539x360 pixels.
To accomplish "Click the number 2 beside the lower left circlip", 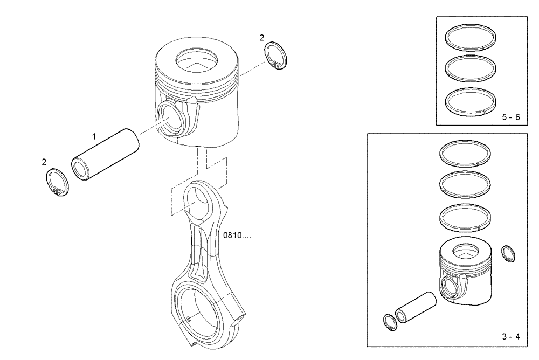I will point(44,162).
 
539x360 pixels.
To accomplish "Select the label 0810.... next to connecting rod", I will point(237,236).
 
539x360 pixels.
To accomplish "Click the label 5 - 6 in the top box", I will point(510,117).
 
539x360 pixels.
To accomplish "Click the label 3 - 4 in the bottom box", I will point(510,337).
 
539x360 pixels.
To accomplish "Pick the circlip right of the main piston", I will point(276,57).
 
